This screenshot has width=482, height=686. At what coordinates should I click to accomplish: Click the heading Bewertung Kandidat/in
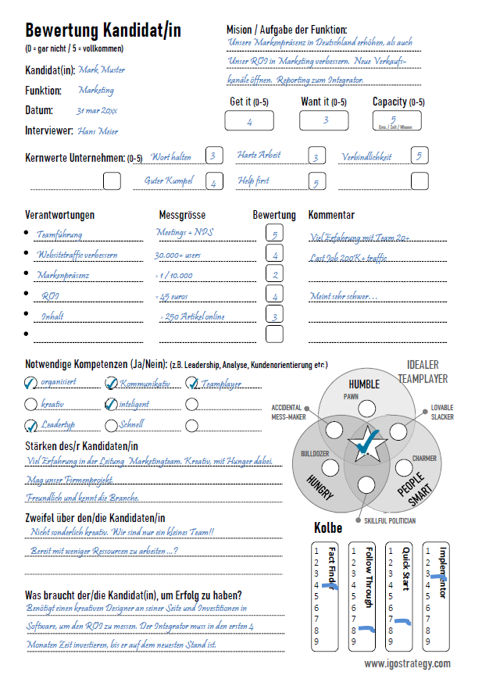103,30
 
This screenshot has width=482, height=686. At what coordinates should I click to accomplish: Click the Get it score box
248,121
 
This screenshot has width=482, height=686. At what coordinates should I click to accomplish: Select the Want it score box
324,120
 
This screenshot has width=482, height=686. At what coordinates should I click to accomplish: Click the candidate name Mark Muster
102,70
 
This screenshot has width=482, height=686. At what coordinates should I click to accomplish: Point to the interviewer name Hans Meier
97,131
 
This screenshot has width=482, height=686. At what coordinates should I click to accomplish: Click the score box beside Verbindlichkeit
420,156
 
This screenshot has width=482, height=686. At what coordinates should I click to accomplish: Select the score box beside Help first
316,181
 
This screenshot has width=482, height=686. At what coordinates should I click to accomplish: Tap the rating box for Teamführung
274,234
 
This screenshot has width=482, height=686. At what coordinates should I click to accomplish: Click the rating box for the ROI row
274,295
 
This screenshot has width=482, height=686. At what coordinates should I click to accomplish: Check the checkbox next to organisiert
31,383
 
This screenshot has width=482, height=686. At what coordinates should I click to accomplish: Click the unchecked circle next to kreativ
31,404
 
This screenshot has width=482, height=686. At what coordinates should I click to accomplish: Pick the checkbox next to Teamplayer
192,383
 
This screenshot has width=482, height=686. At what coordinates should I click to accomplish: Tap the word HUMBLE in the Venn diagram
363,384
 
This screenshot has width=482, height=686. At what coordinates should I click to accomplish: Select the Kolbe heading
328,528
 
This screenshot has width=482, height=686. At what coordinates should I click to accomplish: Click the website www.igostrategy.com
407,663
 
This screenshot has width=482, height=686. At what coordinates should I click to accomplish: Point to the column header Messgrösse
182,215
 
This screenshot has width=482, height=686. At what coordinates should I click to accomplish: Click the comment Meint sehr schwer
344,296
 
